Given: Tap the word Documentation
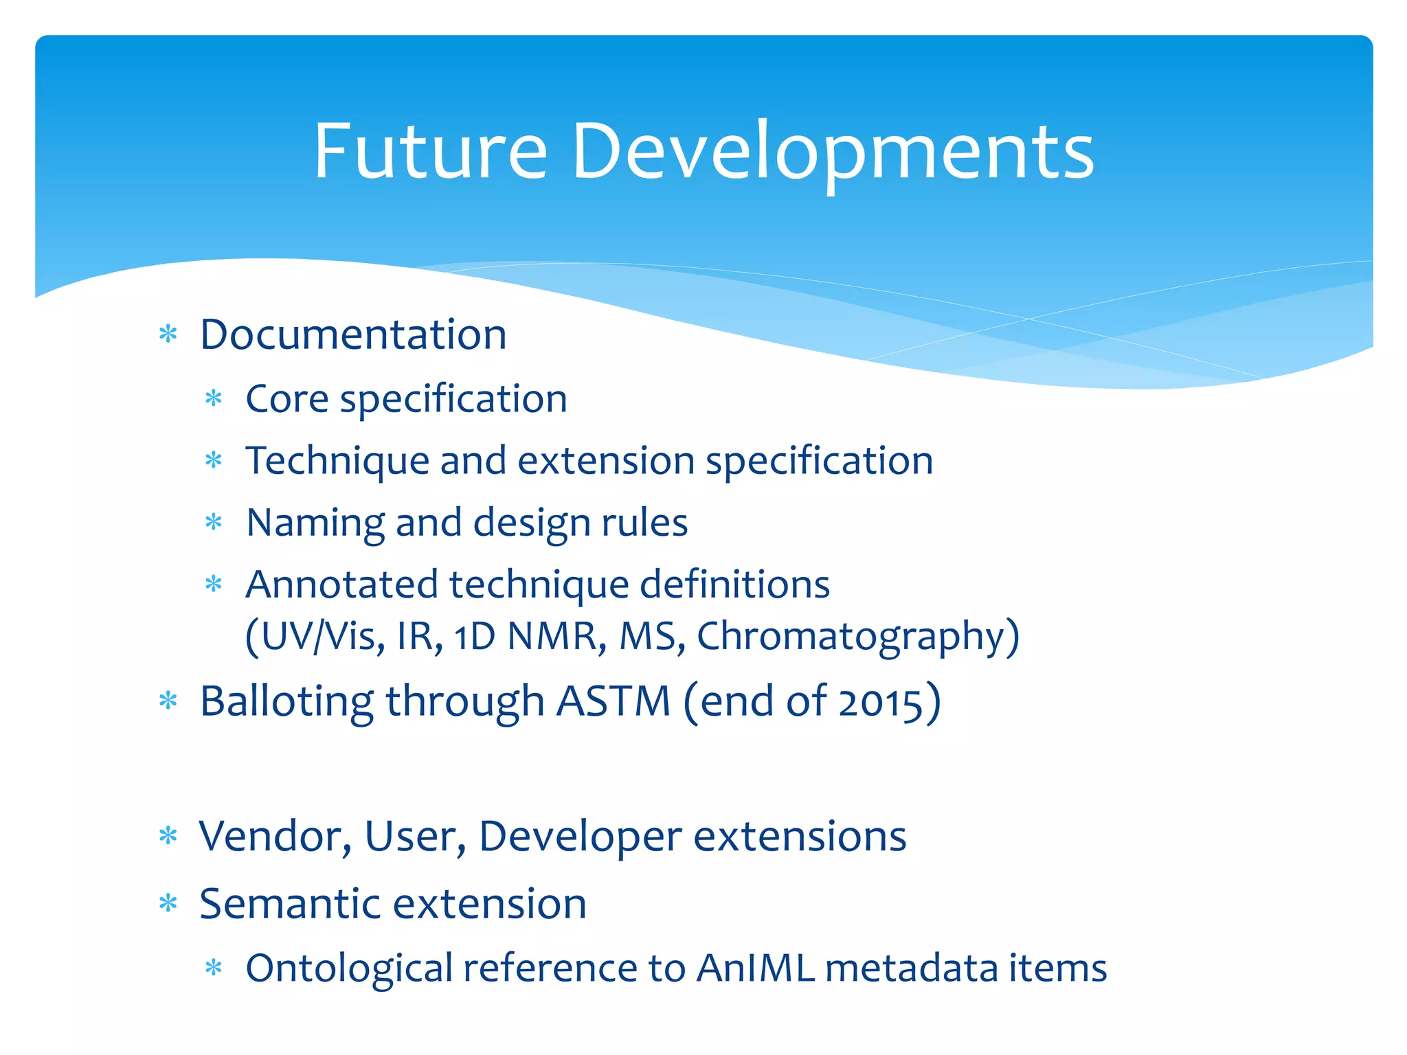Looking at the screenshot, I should (x=353, y=335).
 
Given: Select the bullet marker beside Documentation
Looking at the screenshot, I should (x=168, y=335).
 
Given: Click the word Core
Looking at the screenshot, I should (x=286, y=399).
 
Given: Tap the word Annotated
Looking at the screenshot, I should (x=341, y=585).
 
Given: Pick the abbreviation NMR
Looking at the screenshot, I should (x=556, y=637).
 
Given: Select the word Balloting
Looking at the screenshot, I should (x=286, y=702).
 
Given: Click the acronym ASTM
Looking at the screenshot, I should (x=613, y=702).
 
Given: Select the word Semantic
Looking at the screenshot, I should (x=286, y=904).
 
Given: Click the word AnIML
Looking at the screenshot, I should (x=755, y=968).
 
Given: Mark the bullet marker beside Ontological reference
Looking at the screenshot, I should (x=214, y=968).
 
